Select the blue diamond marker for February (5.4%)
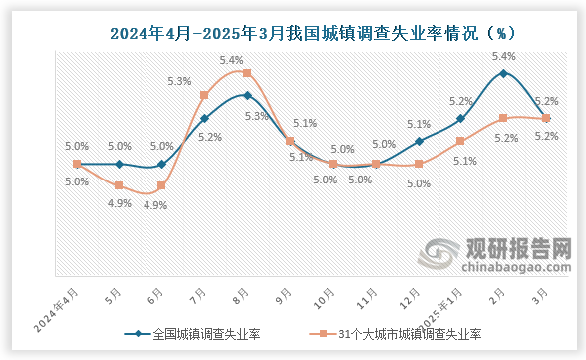coord(504,73)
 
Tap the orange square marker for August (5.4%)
coord(247,73)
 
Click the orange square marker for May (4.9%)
coord(119,186)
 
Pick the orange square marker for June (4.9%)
coord(161,186)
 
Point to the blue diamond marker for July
coord(204,119)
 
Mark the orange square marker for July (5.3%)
coord(204,96)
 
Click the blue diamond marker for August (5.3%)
coord(247,96)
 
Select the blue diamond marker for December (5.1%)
coord(419,141)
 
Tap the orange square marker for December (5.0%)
coord(419,164)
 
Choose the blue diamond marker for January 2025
coord(461,119)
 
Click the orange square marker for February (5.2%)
coord(504,118)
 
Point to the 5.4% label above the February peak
coord(504,56)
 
